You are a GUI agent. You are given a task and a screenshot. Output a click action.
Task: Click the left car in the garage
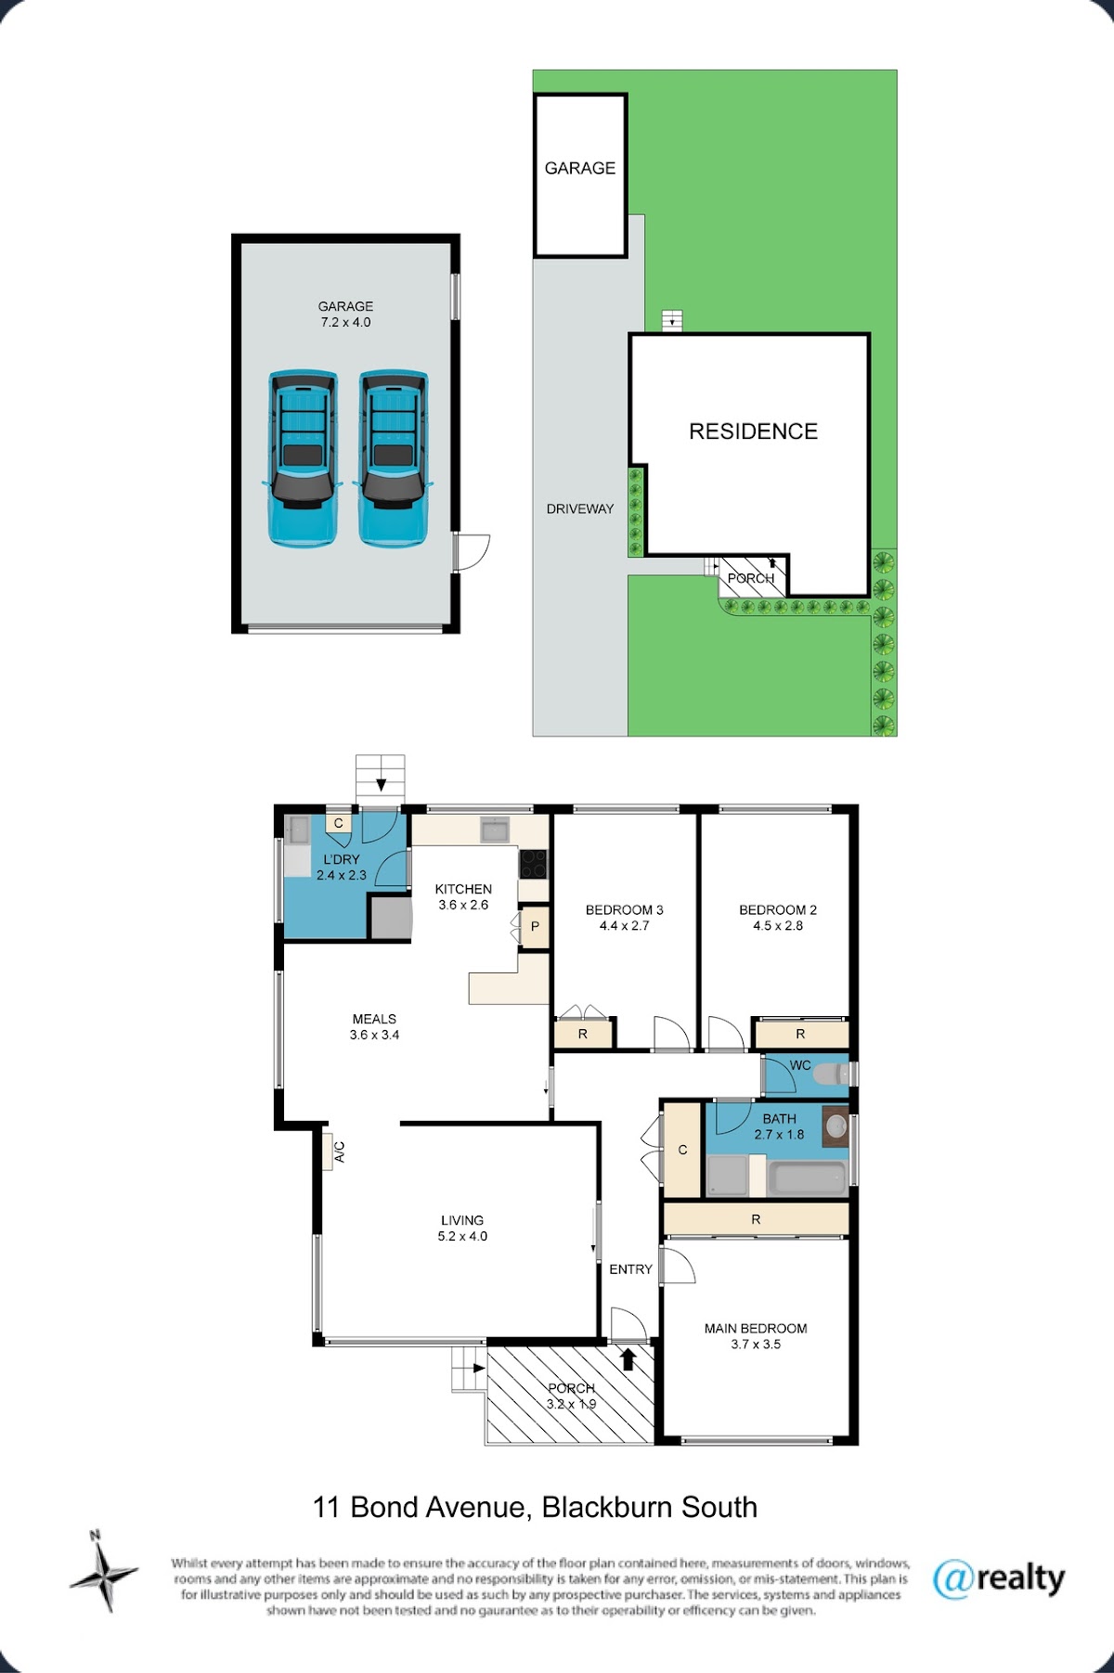pyautogui.click(x=301, y=458)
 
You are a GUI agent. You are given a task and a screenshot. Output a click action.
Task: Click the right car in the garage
pyautogui.click(x=394, y=458)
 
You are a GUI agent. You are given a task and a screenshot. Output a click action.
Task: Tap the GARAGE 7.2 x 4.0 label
pyautogui.click(x=345, y=315)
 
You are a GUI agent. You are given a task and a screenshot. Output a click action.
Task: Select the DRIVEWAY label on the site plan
pyautogui.click(x=580, y=508)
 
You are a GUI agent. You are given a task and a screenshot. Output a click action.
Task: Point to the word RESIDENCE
pyautogui.click(x=753, y=431)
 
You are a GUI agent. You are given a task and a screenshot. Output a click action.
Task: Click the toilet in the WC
pyautogui.click(x=833, y=1074)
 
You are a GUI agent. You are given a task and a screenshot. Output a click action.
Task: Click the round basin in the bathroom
pyautogui.click(x=835, y=1126)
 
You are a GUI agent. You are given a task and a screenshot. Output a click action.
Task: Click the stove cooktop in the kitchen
pyautogui.click(x=533, y=864)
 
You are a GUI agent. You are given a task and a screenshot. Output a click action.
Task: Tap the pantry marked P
pyautogui.click(x=535, y=927)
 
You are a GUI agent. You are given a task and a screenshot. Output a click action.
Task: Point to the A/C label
pyautogui.click(x=340, y=1152)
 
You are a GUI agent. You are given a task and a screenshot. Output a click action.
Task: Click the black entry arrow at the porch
pyautogui.click(x=628, y=1359)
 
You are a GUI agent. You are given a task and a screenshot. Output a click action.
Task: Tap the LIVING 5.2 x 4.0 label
pyautogui.click(x=462, y=1229)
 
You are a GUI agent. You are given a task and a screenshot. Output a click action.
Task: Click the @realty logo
pyautogui.click(x=999, y=1579)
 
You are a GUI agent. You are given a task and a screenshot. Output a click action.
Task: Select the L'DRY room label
pyautogui.click(x=342, y=859)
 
